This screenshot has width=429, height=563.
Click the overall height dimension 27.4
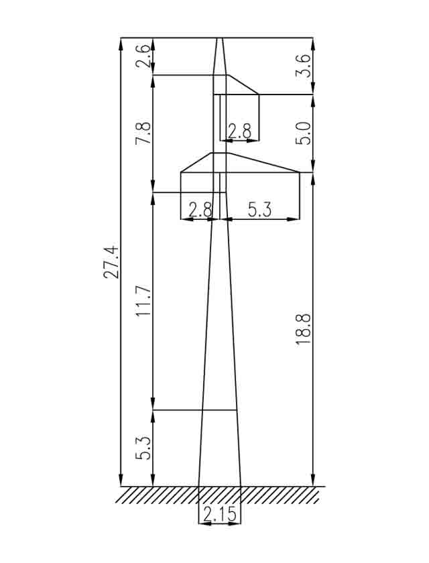tap(113, 262)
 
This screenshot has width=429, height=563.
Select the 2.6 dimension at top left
tap(143, 56)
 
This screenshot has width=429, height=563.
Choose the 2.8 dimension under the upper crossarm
tap(239, 131)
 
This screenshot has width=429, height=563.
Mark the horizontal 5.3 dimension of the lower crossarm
tap(260, 210)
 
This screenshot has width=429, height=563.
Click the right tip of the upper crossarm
tap(259, 95)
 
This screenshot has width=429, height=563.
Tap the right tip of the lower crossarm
tap(299, 173)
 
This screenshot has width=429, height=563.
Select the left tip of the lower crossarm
tap(181, 173)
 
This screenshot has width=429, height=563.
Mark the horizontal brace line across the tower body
tap(219, 410)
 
